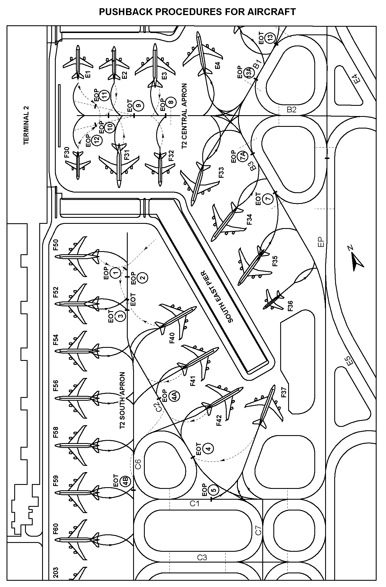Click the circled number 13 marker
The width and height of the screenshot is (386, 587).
click(x=270, y=37)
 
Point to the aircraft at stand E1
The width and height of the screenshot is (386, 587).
click(x=77, y=63)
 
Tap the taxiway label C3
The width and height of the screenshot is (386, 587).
click(x=202, y=557)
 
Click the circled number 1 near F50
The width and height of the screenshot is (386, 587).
click(x=115, y=273)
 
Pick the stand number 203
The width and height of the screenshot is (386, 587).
click(x=56, y=575)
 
